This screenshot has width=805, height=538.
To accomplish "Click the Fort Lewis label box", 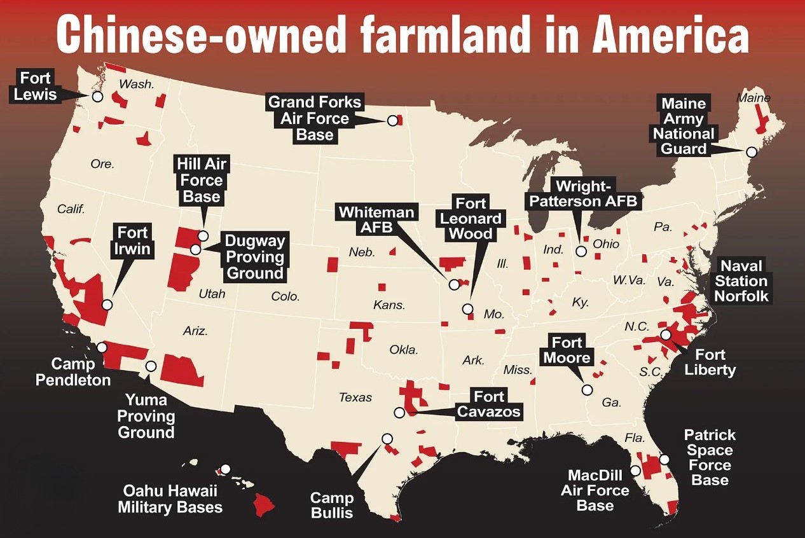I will point(36,87).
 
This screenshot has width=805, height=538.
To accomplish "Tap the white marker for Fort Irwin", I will point(107,305).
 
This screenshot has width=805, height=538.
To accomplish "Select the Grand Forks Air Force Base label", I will point(314,118).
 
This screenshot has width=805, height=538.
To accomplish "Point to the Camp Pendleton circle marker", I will point(102,347).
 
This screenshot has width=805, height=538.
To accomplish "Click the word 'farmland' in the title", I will point(408,36).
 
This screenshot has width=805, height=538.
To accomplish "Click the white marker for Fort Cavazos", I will point(399,412).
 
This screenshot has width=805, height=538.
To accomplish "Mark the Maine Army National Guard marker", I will point(752,152).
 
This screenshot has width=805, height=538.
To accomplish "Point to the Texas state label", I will point(355,397).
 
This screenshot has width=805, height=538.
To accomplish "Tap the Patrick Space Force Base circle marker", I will point(664,459).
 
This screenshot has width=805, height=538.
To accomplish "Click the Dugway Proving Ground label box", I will point(254,257).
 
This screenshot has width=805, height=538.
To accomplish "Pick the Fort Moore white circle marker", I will point(587,390).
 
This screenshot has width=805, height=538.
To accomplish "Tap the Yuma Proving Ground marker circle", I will point(151,366).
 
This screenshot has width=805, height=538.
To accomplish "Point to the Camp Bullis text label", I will point(331,505).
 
